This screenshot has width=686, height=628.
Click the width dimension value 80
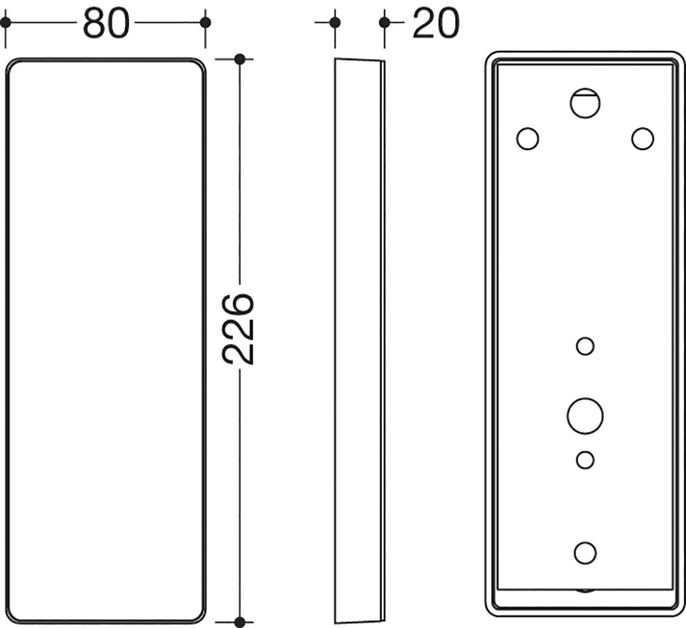tap(106, 23)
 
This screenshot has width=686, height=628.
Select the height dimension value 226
tap(238, 329)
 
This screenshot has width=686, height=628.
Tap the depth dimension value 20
tap(436, 23)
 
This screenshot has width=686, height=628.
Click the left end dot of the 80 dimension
tap(5, 23)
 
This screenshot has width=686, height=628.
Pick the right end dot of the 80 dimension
tap(205, 23)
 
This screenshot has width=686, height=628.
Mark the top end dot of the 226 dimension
tap(240, 59)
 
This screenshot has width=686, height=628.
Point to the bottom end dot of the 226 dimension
tap(240, 621)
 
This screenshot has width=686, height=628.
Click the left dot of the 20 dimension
tap(335, 23)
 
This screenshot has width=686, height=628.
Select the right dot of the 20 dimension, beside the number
tap(385, 23)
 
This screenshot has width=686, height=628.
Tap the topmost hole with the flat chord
tap(585, 103)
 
